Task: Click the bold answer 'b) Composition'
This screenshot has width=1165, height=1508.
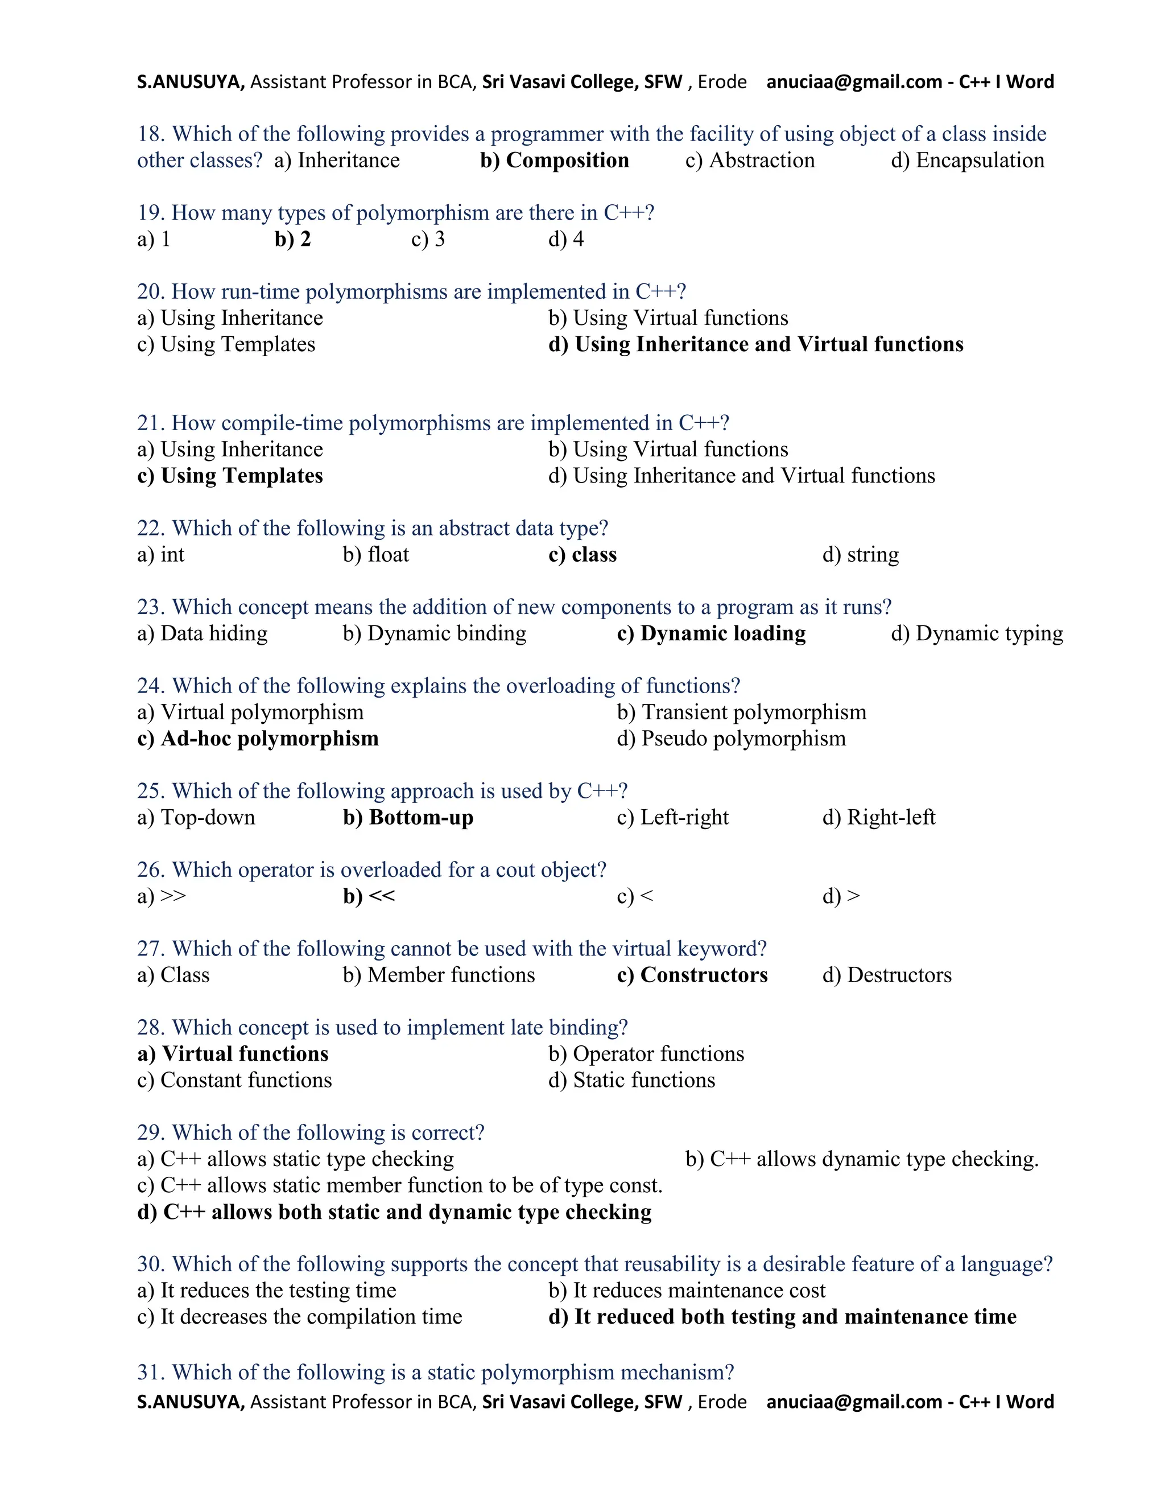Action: click(x=554, y=160)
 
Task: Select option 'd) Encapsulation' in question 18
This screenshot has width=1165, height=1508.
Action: click(x=967, y=160)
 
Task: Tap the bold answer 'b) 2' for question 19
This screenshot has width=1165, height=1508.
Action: click(x=292, y=239)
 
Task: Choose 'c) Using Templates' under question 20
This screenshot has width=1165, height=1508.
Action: click(x=226, y=344)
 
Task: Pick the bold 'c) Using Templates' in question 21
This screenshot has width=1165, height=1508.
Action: click(x=230, y=476)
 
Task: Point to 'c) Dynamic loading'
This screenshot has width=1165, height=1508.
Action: click(x=711, y=633)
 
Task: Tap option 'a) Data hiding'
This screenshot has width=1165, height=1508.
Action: click(x=202, y=633)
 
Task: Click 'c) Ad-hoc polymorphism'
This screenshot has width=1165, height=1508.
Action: click(x=258, y=739)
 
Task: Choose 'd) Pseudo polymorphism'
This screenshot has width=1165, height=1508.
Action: click(x=731, y=739)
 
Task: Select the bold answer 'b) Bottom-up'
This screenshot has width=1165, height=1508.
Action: click(x=408, y=818)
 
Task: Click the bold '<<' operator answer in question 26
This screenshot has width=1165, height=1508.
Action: click(x=382, y=896)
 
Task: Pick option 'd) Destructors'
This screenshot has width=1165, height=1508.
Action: click(x=886, y=975)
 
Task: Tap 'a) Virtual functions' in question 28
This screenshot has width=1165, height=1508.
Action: click(x=233, y=1054)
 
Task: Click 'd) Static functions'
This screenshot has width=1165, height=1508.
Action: click(x=631, y=1080)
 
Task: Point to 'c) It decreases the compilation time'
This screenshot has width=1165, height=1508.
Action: click(x=300, y=1317)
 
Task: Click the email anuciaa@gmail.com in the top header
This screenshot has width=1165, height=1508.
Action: click(x=854, y=82)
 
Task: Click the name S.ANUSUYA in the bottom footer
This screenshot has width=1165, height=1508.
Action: click(x=191, y=1402)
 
